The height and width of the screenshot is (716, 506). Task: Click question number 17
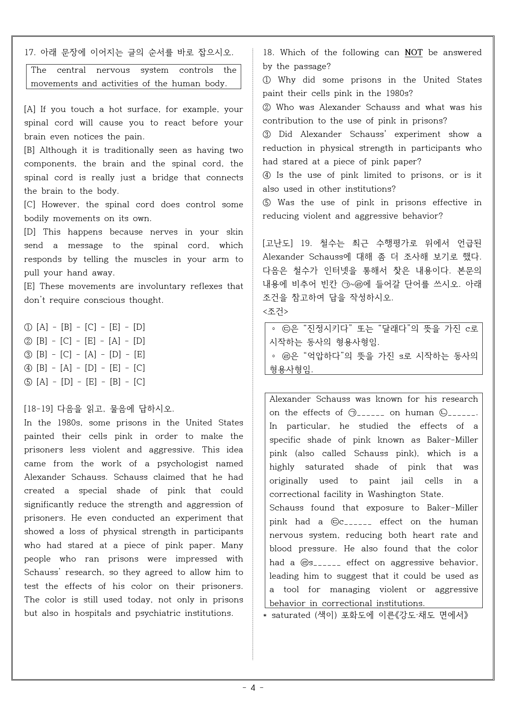tap(30, 52)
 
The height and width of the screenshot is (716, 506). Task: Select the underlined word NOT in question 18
tap(413, 53)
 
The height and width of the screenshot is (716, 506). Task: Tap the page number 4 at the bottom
tap(253, 688)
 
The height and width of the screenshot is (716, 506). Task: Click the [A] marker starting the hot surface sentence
tap(30, 110)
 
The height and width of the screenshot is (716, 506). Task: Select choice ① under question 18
tap(267, 80)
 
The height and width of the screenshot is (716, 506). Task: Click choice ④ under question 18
tap(267, 175)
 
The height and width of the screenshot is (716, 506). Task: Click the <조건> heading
tap(276, 311)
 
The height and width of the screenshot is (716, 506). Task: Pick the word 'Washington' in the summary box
tap(391, 494)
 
